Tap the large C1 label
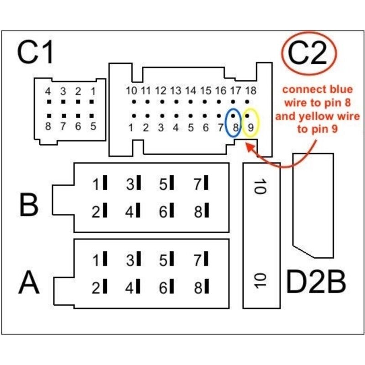[x=36, y=53]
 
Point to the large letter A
[x=29, y=283]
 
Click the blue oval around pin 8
[x=234, y=122]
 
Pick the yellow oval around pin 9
[x=250, y=122]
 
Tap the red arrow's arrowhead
[x=248, y=146]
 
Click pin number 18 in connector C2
[x=250, y=90]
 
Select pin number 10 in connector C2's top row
[x=131, y=90]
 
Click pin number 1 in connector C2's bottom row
[x=131, y=128]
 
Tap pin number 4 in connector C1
[x=48, y=91]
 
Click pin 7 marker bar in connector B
[x=206, y=184]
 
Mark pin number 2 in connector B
[x=96, y=211]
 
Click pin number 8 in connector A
[x=198, y=288]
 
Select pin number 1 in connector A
[x=96, y=261]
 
